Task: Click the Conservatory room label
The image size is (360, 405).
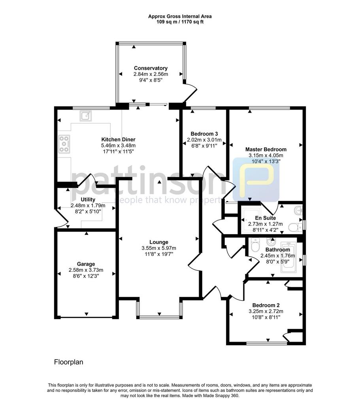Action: pyautogui.click(x=151, y=68)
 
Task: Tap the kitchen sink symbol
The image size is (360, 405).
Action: pyautogui.click(x=85, y=116)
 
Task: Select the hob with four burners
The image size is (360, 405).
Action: pyautogui.click(x=64, y=144)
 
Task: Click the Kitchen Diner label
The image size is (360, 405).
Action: pyautogui.click(x=118, y=140)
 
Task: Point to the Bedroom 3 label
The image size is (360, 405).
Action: pyautogui.click(x=204, y=134)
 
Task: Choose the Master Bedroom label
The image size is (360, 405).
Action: pyautogui.click(x=266, y=149)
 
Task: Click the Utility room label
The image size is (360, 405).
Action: pyautogui.click(x=88, y=199)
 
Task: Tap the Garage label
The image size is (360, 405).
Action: pyautogui.click(x=86, y=264)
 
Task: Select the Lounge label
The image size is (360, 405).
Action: pyautogui.click(x=159, y=242)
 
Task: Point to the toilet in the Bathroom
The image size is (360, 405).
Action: pyautogui.click(x=255, y=244)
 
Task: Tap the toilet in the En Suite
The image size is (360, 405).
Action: pyautogui.click(x=295, y=227)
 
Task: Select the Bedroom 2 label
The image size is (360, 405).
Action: pyautogui.click(x=266, y=305)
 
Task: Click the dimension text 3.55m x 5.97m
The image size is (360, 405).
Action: pyautogui.click(x=159, y=248)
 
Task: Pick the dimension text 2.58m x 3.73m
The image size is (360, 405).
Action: pyautogui.click(x=86, y=270)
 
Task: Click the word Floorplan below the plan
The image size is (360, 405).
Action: pyautogui.click(x=69, y=362)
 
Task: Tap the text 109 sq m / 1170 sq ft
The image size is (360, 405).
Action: pyautogui.click(x=180, y=22)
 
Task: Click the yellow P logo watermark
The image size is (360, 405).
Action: pyautogui.click(x=256, y=180)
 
